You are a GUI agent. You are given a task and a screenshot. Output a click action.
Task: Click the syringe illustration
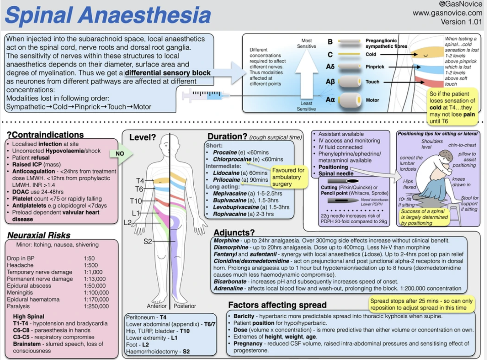tap(206, 96)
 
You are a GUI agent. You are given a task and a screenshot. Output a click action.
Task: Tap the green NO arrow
tap(121, 153)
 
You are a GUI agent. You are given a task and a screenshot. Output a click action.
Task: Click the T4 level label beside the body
tap(140, 181)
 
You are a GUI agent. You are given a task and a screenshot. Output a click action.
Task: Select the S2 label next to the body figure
tap(148, 241)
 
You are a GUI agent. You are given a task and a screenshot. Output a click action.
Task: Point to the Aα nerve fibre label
tap(330, 99)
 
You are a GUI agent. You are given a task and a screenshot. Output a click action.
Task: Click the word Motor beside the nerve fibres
tap(373, 100)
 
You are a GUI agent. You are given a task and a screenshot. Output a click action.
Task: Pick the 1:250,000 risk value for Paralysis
tap(96, 306)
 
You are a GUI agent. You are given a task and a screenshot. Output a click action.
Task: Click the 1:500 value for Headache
tap(91, 265)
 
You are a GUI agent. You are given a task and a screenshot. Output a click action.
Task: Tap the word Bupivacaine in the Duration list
tap(230, 200)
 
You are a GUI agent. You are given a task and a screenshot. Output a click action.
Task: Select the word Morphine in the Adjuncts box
tap(226, 240)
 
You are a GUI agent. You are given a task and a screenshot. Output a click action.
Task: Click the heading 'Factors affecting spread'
tap(277, 305)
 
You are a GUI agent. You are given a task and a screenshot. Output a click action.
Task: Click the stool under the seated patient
tap(455, 214)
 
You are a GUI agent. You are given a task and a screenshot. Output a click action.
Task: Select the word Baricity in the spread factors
tap(244, 316)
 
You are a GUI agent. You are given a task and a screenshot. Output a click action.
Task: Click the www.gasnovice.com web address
tap(447, 13)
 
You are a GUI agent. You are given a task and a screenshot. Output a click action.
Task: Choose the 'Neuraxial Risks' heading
tap(39, 235)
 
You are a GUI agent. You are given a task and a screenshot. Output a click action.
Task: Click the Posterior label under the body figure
tap(185, 306)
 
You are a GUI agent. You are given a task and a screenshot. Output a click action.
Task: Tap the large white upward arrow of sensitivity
tap(306, 75)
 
